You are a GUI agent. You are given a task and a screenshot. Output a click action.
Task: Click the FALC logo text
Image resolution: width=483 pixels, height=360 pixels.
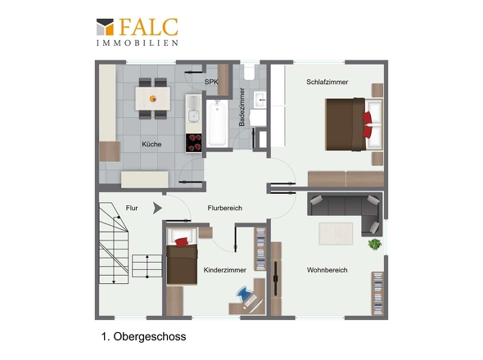pyautogui.click(x=148, y=27)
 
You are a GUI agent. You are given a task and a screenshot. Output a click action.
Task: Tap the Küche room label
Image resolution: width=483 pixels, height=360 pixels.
pyautogui.click(x=151, y=144)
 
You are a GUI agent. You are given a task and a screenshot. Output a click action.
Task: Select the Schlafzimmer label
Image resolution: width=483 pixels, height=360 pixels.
pyautogui.click(x=327, y=82)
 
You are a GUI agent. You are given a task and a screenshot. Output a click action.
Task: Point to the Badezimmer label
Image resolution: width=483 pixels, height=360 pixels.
pyautogui.click(x=241, y=107)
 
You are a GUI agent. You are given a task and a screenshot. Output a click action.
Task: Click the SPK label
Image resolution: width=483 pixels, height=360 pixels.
pyautogui.click(x=211, y=82)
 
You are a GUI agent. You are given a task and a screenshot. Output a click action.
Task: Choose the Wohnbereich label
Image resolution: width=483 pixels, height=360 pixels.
pyautogui.click(x=327, y=270)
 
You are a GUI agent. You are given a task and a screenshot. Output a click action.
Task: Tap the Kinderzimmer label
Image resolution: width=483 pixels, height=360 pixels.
pyautogui.click(x=225, y=270)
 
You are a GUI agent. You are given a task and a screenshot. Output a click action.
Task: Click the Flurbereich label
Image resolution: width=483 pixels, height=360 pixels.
pyautogui.click(x=225, y=208)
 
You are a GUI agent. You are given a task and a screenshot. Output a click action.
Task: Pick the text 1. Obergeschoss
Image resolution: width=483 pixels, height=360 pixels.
pyautogui.click(x=143, y=336)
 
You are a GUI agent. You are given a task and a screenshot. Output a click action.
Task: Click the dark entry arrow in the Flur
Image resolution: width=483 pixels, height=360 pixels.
pyautogui.click(x=157, y=209)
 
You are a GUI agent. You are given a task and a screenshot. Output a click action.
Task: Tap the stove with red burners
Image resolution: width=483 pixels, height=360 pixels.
pyautogui.click(x=193, y=143)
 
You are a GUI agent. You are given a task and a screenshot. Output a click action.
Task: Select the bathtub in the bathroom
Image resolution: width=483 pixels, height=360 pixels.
pyautogui.click(x=217, y=124)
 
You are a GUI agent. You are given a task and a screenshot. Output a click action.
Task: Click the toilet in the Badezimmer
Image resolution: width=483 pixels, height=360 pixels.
pyautogui.click(x=249, y=72)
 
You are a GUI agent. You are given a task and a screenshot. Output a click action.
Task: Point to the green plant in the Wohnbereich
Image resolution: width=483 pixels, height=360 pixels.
pyautogui.click(x=375, y=245)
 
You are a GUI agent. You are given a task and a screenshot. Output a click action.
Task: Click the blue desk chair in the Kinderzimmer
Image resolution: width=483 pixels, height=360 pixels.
pyautogui.click(x=243, y=294)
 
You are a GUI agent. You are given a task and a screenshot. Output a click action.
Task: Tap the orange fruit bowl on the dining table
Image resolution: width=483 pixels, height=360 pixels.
pyautogui.click(x=153, y=98)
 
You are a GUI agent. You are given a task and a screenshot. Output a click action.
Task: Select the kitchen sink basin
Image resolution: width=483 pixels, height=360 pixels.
pyautogui.click(x=194, y=116)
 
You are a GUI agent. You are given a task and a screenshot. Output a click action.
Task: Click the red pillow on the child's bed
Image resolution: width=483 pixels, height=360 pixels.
pyautogui.click(x=182, y=242)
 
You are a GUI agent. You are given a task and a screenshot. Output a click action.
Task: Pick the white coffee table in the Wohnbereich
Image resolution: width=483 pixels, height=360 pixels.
pyautogui.click(x=336, y=234)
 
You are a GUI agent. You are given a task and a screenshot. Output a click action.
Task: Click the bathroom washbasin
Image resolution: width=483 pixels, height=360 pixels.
pyautogui.click(x=260, y=99)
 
